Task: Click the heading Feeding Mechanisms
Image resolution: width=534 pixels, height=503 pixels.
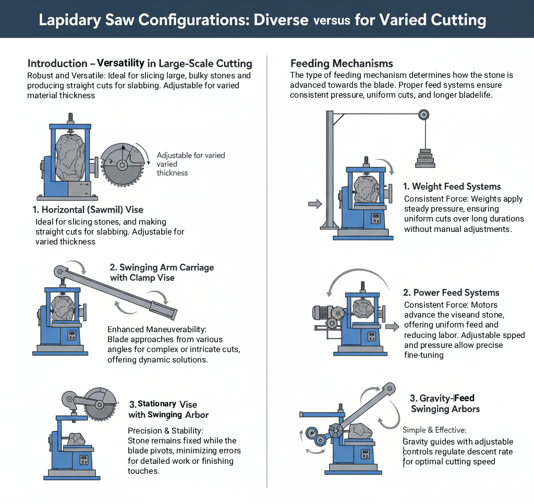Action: pyautogui.click(x=342, y=64)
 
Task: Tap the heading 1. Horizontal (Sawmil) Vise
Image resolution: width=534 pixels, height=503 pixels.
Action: pyautogui.click(x=88, y=210)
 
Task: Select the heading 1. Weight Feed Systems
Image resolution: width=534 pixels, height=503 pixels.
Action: pyautogui.click(x=452, y=186)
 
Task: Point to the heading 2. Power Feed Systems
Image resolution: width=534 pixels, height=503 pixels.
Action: pyautogui.click(x=451, y=293)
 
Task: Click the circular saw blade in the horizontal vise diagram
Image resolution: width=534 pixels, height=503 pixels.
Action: pyautogui.click(x=122, y=165)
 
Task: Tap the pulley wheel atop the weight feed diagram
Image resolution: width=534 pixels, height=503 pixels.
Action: pyautogui.click(x=424, y=115)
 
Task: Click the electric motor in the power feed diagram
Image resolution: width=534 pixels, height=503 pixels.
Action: pyautogui.click(x=321, y=312)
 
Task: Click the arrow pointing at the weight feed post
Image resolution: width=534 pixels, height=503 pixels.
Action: pyautogui.click(x=315, y=204)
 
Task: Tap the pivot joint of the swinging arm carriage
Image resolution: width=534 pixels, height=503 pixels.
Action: pyautogui.click(x=60, y=272)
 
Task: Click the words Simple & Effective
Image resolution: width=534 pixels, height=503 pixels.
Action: pyautogui.click(x=434, y=430)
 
